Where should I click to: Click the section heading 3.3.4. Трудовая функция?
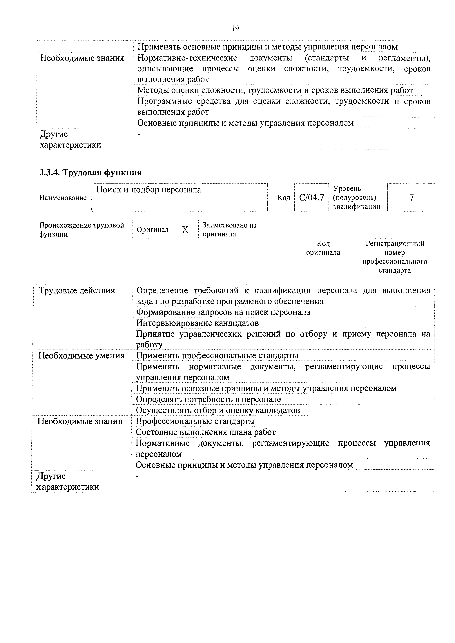(x=90, y=172)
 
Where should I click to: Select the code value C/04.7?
(x=311, y=198)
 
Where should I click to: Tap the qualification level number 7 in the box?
(x=411, y=198)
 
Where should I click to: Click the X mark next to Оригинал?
(x=185, y=230)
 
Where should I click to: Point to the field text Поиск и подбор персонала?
(x=149, y=190)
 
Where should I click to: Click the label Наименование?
(x=63, y=198)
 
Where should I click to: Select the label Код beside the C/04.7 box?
(x=284, y=198)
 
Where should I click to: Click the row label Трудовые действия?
(x=77, y=290)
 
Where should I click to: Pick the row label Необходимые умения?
(x=81, y=356)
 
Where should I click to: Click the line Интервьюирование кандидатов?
(x=197, y=323)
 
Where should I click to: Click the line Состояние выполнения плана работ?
(x=206, y=432)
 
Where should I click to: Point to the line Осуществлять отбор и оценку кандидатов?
(x=218, y=410)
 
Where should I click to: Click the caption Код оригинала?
(x=323, y=248)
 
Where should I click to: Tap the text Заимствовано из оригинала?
(x=229, y=230)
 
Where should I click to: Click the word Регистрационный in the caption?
(x=395, y=244)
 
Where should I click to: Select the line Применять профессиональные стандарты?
(x=217, y=356)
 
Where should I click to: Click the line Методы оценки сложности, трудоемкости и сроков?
(x=275, y=91)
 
